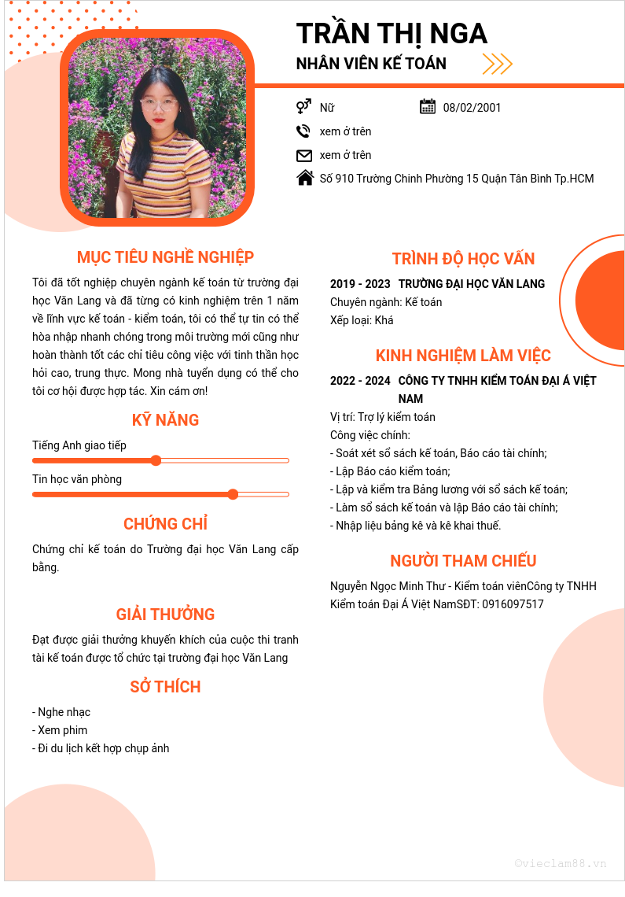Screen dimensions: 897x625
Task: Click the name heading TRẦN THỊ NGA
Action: point(392,34)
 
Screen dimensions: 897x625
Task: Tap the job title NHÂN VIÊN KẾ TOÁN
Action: point(371,64)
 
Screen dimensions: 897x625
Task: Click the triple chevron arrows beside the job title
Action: point(497,64)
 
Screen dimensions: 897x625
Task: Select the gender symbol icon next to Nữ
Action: point(303,107)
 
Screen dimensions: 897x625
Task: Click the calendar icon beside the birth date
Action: point(428,107)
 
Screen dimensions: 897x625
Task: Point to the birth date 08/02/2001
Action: point(472,108)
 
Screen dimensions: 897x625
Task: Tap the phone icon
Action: point(303,131)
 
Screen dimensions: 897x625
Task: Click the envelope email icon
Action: point(304,155)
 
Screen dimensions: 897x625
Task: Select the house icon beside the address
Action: point(305,179)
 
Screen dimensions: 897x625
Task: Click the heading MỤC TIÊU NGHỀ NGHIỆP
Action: point(165,257)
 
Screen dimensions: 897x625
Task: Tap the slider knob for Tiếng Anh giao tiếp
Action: point(156,460)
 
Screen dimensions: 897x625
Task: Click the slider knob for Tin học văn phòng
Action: point(233,494)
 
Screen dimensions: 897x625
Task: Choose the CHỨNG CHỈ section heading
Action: point(165,524)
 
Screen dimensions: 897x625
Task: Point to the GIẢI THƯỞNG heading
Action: point(165,615)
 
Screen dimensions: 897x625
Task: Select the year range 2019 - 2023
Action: point(360,284)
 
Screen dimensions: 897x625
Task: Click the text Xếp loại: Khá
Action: point(362,320)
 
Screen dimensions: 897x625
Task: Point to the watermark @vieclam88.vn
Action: point(561,863)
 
